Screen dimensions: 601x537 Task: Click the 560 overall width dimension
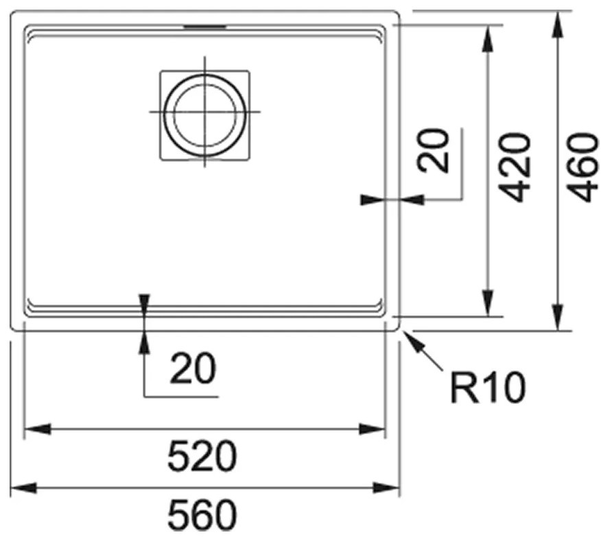point(202,515)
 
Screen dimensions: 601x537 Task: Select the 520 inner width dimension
point(202,456)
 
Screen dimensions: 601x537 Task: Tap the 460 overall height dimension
point(582,167)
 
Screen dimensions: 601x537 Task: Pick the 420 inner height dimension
point(515,167)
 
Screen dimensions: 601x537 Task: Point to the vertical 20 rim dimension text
point(433,151)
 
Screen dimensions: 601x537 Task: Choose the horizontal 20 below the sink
point(193,368)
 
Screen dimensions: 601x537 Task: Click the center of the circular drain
point(204,112)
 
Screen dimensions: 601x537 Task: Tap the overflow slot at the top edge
point(204,27)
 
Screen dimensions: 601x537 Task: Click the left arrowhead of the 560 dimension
point(23,488)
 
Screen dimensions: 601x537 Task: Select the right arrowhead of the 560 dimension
point(387,488)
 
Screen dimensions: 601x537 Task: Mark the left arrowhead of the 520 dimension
point(37,429)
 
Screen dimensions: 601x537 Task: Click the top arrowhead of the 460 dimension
point(558,25)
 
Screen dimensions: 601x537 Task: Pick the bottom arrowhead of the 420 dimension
point(488,303)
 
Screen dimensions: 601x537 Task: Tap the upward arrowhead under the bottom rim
point(145,342)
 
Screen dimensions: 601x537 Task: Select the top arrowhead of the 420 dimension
point(488,38)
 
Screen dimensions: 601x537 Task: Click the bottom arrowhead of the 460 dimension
point(558,317)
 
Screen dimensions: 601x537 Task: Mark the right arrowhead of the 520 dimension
point(372,429)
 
